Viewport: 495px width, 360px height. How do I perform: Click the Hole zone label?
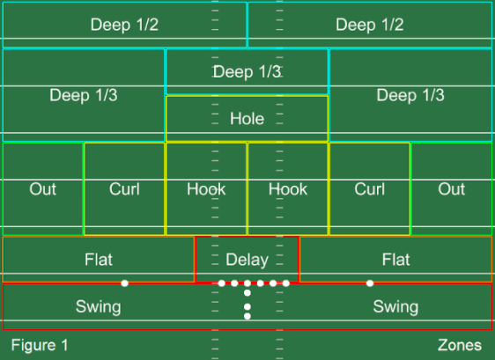point(247,119)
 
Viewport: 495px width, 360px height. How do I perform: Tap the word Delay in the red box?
point(247,260)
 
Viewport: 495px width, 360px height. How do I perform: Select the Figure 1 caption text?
point(40,345)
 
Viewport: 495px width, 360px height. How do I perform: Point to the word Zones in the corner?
point(460,345)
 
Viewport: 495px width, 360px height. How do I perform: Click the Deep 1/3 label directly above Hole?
point(247,71)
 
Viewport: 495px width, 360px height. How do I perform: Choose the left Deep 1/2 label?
point(124,25)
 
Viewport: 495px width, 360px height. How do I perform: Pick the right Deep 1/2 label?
point(370,25)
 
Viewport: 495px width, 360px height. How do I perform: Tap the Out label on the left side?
point(42,189)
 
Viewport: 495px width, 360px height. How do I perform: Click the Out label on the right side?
point(452,189)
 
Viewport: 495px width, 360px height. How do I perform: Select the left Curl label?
point(124,189)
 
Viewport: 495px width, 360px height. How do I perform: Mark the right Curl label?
point(370,189)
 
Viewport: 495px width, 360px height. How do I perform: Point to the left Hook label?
point(206,189)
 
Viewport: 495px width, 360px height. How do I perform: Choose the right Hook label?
point(288,189)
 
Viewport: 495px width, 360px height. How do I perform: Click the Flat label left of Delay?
point(99,260)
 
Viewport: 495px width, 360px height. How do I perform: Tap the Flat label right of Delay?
point(395,260)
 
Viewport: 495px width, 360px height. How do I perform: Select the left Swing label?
point(98,306)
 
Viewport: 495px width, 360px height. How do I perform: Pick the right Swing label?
point(395,306)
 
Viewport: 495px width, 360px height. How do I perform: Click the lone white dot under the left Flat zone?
point(125,283)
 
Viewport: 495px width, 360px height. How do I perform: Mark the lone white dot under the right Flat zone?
point(370,283)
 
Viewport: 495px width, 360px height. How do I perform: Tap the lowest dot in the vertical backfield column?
point(247,316)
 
